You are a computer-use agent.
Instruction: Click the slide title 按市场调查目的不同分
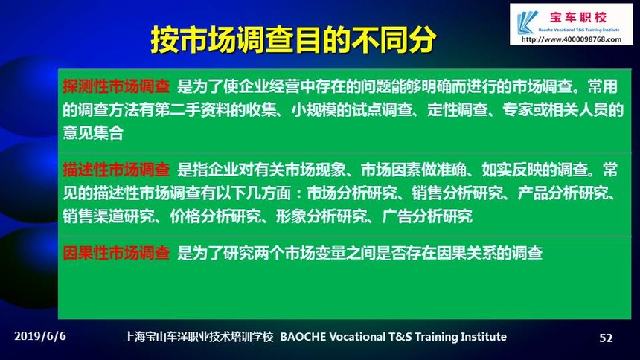tap(293, 40)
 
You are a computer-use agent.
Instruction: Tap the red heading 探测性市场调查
tap(116, 86)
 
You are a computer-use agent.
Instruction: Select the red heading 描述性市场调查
tap(116, 170)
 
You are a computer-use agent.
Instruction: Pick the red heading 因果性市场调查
tap(116, 253)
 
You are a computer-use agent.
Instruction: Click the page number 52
tap(606, 338)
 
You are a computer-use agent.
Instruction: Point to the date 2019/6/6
tap(40, 336)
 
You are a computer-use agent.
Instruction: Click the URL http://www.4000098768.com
tap(572, 39)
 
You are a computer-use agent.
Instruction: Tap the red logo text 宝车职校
tap(578, 18)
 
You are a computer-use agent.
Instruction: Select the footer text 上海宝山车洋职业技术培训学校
tap(199, 337)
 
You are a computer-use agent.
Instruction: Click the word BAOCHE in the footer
tap(303, 337)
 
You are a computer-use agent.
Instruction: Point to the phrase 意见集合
tap(93, 132)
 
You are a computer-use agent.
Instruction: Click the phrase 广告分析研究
tap(427, 216)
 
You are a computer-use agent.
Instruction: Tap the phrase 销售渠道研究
tap(108, 216)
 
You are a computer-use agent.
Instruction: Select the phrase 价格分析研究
tap(215, 216)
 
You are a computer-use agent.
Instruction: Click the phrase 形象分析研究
tap(321, 216)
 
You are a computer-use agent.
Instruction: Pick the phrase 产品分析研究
tap(563, 193)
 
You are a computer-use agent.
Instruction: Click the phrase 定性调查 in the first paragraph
tap(458, 109)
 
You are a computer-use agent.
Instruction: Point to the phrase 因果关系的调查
tap(490, 253)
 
